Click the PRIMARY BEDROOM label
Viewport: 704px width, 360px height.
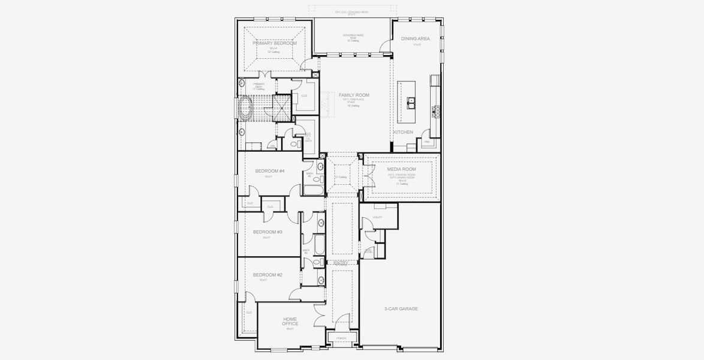[x=275, y=43]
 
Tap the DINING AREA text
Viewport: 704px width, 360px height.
[x=415, y=38]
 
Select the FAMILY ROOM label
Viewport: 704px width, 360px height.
[x=354, y=95]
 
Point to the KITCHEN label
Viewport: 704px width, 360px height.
[x=403, y=132]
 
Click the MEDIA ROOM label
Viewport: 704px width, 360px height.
[x=401, y=169]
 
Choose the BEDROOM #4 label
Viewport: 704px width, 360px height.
[x=269, y=171]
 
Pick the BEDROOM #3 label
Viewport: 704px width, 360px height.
[x=267, y=232]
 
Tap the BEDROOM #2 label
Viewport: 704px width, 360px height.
[x=267, y=274]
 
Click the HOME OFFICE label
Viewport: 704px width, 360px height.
[x=290, y=321]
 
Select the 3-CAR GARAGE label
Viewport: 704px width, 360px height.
[x=401, y=308]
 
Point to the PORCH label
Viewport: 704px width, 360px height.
[x=341, y=338]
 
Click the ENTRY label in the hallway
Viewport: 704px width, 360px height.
[x=341, y=263]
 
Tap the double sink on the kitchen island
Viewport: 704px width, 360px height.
[x=411, y=103]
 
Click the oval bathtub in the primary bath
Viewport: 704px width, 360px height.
[x=245, y=109]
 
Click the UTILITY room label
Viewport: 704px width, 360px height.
[x=377, y=217]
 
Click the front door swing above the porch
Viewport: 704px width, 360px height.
[x=342, y=321]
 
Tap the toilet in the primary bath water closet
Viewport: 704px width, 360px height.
[x=294, y=144]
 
